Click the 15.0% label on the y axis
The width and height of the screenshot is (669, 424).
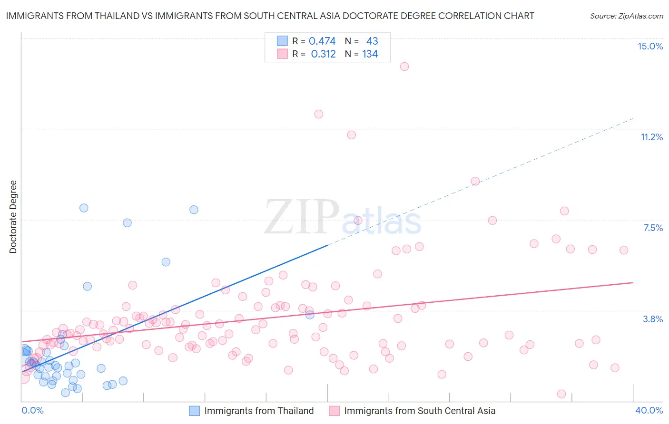click(650, 46)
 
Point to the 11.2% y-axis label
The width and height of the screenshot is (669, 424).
click(651, 137)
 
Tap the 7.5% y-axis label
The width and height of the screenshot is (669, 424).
click(653, 228)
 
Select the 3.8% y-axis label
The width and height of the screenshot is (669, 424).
click(653, 319)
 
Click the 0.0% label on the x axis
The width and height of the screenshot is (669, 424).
click(32, 410)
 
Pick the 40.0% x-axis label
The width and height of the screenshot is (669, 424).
click(649, 410)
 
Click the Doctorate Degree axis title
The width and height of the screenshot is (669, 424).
click(13, 217)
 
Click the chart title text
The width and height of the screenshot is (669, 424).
click(270, 16)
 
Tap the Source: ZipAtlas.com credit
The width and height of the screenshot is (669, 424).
click(626, 16)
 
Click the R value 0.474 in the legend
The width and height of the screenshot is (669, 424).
click(322, 41)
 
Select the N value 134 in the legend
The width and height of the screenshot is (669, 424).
click(370, 54)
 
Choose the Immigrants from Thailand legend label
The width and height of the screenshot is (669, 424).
click(259, 411)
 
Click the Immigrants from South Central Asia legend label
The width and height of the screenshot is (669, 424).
click(420, 411)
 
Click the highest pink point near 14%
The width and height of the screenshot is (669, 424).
click(404, 67)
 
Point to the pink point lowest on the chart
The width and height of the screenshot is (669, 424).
click(561, 394)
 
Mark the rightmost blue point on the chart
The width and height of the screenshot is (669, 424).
click(310, 315)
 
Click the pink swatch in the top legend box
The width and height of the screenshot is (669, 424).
click(282, 54)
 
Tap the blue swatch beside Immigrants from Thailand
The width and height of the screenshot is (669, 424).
click(194, 411)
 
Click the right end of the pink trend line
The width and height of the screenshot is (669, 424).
click(633, 282)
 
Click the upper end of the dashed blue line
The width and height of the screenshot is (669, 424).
click(634, 118)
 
